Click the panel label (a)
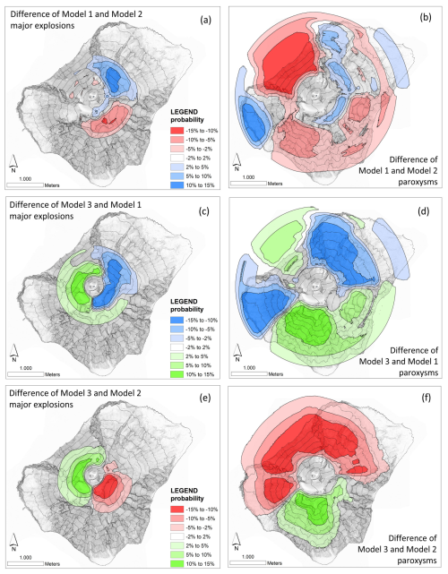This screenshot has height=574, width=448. [x=205, y=20]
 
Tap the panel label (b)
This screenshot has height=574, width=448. [x=426, y=17]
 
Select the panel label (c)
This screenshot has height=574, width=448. [x=203, y=211]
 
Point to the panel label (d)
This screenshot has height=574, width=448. [x=423, y=211]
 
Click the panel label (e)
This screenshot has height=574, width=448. [x=205, y=398]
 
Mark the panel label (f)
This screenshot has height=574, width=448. [x=426, y=398]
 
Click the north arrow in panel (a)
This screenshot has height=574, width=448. [x=13, y=164]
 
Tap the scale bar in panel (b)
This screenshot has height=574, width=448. [x=248, y=183]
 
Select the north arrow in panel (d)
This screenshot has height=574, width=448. [x=237, y=352]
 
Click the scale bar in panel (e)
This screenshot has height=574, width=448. [x=24, y=563]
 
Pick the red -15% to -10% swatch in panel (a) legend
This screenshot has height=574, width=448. [x=177, y=131]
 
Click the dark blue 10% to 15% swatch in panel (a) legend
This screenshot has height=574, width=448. [x=177, y=185]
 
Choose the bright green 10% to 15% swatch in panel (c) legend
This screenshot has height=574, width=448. [x=177, y=374]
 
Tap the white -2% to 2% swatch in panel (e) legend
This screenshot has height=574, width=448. [x=177, y=536]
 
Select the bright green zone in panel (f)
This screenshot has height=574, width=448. [x=312, y=506]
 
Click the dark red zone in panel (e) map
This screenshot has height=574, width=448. [x=107, y=487]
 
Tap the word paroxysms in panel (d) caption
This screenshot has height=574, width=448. [x=418, y=373]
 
